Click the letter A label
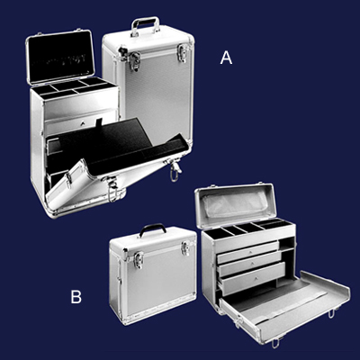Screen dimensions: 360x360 point(226,58)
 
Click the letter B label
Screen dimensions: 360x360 point(76,297)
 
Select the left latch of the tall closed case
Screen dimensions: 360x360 point(134,61)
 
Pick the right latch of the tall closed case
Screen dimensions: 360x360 point(183,53)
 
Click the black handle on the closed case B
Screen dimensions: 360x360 point(153,229)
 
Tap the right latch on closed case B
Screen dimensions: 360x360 point(185,248)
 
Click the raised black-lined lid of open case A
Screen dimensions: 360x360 point(61,57)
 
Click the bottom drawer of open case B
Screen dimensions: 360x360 point(253,280)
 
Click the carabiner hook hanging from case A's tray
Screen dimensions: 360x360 point(175,173)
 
